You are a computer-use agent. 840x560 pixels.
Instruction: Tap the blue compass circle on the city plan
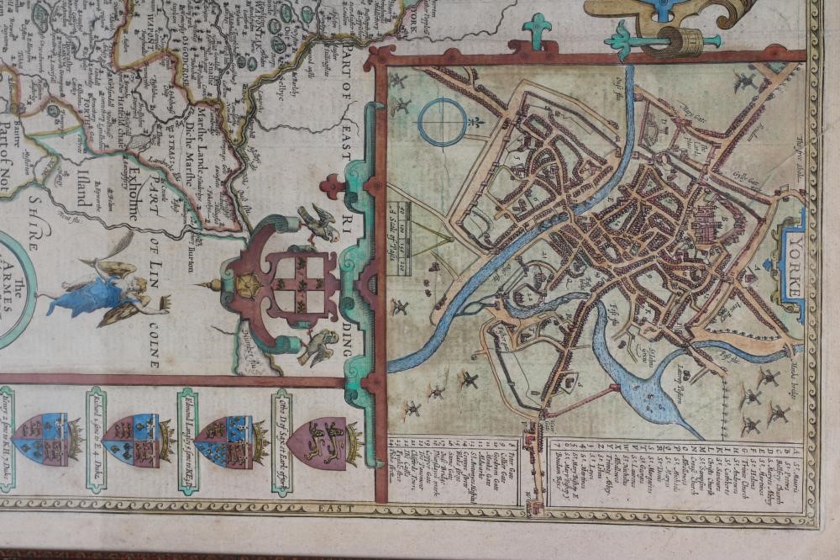[443, 122]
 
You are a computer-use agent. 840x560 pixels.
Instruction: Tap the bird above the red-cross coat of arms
[318, 224]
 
